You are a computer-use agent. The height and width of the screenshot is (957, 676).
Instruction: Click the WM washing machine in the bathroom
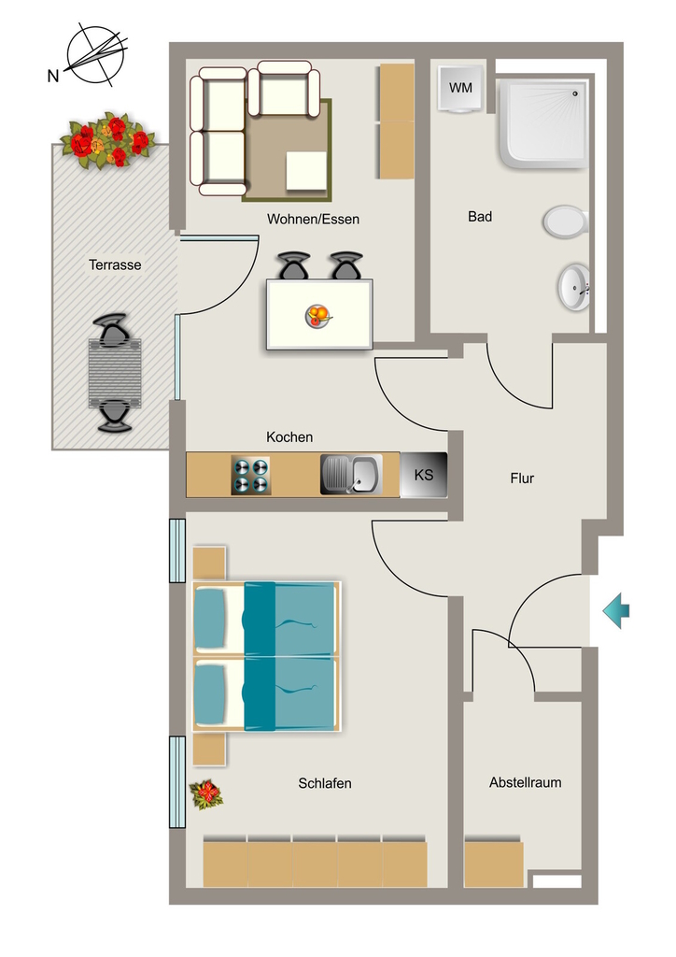tap(460, 89)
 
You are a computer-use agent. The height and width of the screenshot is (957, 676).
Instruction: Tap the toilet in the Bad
tap(566, 221)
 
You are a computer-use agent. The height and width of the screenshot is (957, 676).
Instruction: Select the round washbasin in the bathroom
tap(573, 287)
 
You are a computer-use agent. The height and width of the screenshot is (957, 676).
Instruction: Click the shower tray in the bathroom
tap(543, 124)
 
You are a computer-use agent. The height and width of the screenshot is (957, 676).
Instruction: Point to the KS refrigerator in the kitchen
tap(424, 474)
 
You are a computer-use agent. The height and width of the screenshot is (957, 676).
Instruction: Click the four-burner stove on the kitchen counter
tap(250, 476)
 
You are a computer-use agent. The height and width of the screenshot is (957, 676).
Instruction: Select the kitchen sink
tap(351, 474)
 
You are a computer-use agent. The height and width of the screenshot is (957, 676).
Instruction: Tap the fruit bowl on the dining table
tap(318, 316)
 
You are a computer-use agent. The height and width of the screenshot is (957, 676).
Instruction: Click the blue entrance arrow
tap(615, 610)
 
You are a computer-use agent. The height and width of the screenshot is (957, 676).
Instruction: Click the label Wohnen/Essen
tap(313, 219)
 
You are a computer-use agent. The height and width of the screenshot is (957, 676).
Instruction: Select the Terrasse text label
tap(115, 264)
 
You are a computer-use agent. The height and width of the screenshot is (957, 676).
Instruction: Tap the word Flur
tap(522, 478)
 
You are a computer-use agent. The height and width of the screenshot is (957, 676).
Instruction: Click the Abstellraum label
tap(525, 782)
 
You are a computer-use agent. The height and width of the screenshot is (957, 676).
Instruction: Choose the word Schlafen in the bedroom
tap(324, 783)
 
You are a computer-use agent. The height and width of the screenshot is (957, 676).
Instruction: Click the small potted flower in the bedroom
tap(206, 794)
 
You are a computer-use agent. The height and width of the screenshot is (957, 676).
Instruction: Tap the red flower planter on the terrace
tap(108, 140)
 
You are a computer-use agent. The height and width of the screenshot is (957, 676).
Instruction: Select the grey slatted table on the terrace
tap(115, 374)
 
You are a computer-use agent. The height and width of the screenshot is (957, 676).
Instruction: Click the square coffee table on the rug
tap(306, 171)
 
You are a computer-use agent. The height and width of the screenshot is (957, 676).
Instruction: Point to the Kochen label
tap(289, 437)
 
